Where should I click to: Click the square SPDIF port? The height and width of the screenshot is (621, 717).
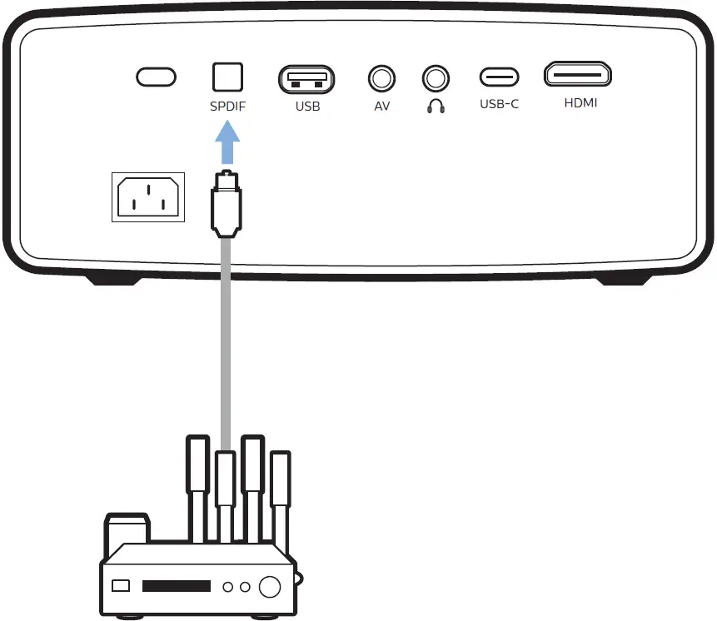(227, 77)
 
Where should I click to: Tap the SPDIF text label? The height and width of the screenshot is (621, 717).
(227, 106)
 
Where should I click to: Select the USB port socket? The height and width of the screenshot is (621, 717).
(306, 79)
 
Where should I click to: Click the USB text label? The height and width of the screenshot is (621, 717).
(306, 106)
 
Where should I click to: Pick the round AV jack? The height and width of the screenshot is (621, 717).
(381, 79)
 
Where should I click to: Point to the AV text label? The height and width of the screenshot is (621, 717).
(381, 106)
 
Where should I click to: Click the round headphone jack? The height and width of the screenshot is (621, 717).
(435, 79)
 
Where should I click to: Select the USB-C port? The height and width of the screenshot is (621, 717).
(499, 78)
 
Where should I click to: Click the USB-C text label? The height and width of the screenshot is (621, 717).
(499, 105)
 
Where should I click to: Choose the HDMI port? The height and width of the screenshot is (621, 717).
(577, 75)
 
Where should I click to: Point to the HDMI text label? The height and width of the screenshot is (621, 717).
(580, 103)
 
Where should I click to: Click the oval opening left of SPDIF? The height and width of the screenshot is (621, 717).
(157, 77)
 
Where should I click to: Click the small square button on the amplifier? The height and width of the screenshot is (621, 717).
(121, 586)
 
